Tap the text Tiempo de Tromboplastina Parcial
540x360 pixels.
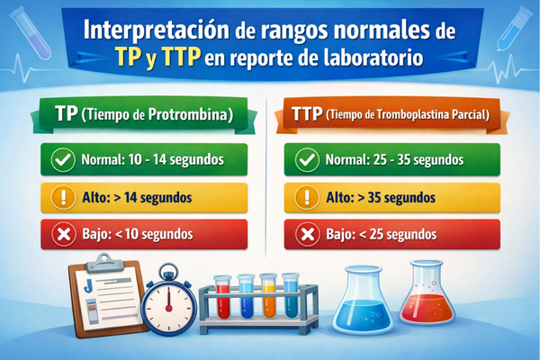[409, 115]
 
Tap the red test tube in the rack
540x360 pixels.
[222, 301]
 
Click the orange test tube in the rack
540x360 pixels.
[267, 301]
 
